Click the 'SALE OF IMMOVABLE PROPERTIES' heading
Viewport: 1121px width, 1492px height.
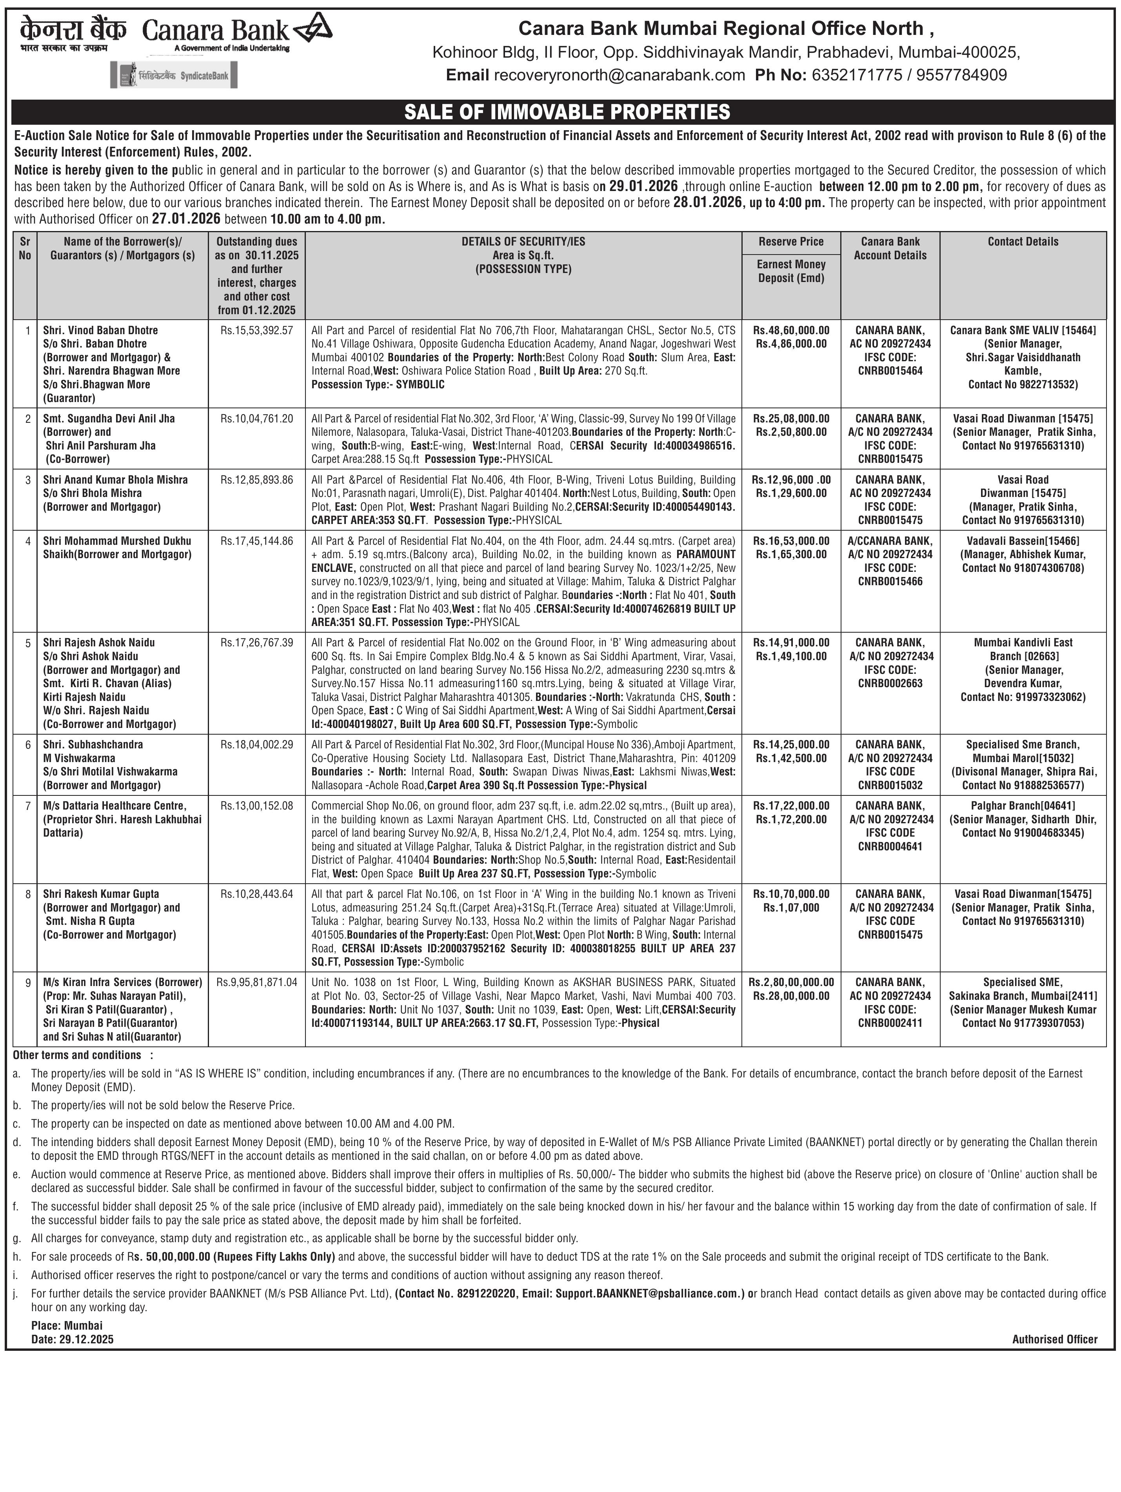click(x=567, y=111)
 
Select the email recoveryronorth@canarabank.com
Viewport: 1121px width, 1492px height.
click(x=619, y=75)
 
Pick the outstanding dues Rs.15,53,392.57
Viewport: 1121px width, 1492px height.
click(x=256, y=331)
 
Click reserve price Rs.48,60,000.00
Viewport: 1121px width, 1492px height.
click(x=791, y=331)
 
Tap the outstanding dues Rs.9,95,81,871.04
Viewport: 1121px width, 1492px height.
click(x=256, y=982)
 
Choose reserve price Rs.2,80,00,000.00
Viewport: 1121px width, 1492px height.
click(x=791, y=982)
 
